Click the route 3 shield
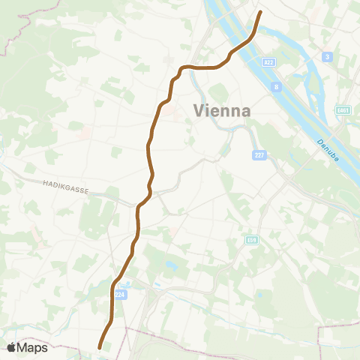[x=327, y=57]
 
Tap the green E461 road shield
[x=343, y=110]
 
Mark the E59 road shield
[x=251, y=240]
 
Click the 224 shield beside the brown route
[x=119, y=295]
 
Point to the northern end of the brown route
[x=260, y=12]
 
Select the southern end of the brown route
[x=100, y=346]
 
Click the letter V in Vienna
[x=199, y=110]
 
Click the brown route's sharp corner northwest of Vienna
[x=181, y=68]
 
